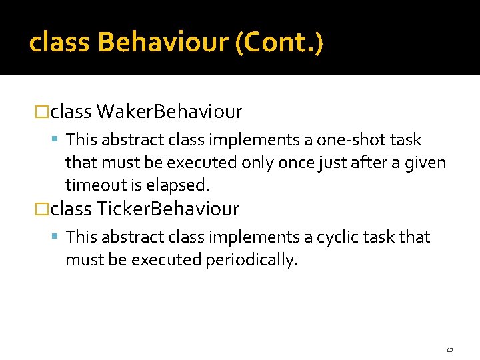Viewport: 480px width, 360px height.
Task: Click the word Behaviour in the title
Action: (x=163, y=43)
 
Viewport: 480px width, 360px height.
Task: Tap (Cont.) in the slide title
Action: (x=279, y=43)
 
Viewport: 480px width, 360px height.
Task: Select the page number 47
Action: (x=449, y=350)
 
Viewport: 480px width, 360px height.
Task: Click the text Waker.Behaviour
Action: (x=169, y=111)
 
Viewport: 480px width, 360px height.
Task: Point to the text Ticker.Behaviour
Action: (x=168, y=209)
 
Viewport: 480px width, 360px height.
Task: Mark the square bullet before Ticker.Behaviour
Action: (x=42, y=209)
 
